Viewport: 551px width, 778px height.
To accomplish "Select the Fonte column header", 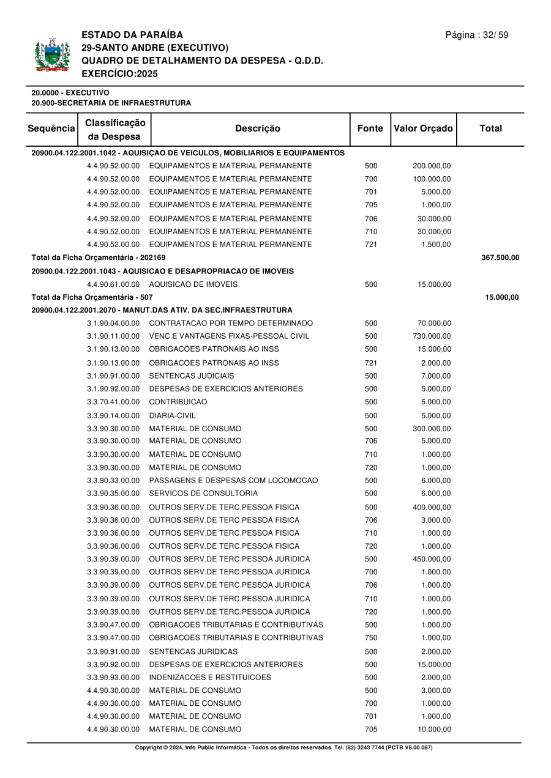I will [370, 128].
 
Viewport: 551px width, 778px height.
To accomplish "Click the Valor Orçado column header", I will [423, 128].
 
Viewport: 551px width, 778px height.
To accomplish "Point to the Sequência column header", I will [51, 128].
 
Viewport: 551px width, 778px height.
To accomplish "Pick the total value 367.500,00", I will [500, 257].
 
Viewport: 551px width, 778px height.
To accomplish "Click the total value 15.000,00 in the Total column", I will [502, 297].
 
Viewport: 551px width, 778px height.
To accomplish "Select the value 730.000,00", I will [432, 336].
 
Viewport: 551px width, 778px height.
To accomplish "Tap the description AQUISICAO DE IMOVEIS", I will [193, 284].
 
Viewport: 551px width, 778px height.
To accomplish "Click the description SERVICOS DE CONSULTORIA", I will [203, 494].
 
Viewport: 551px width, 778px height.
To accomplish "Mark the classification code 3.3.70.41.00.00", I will [113, 402].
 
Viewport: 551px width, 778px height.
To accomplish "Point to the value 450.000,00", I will [432, 559].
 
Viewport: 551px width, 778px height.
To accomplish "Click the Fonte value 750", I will [371, 638].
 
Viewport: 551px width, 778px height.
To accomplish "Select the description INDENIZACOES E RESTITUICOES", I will [210, 678].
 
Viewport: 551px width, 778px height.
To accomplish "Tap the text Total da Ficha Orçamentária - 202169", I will [99, 257].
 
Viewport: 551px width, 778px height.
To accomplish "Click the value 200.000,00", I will [432, 166].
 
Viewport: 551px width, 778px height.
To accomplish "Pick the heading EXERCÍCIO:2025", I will [119, 73].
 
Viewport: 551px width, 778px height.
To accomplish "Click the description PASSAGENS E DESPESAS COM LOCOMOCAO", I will [233, 481].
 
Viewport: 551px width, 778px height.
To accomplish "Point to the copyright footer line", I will [283, 747].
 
